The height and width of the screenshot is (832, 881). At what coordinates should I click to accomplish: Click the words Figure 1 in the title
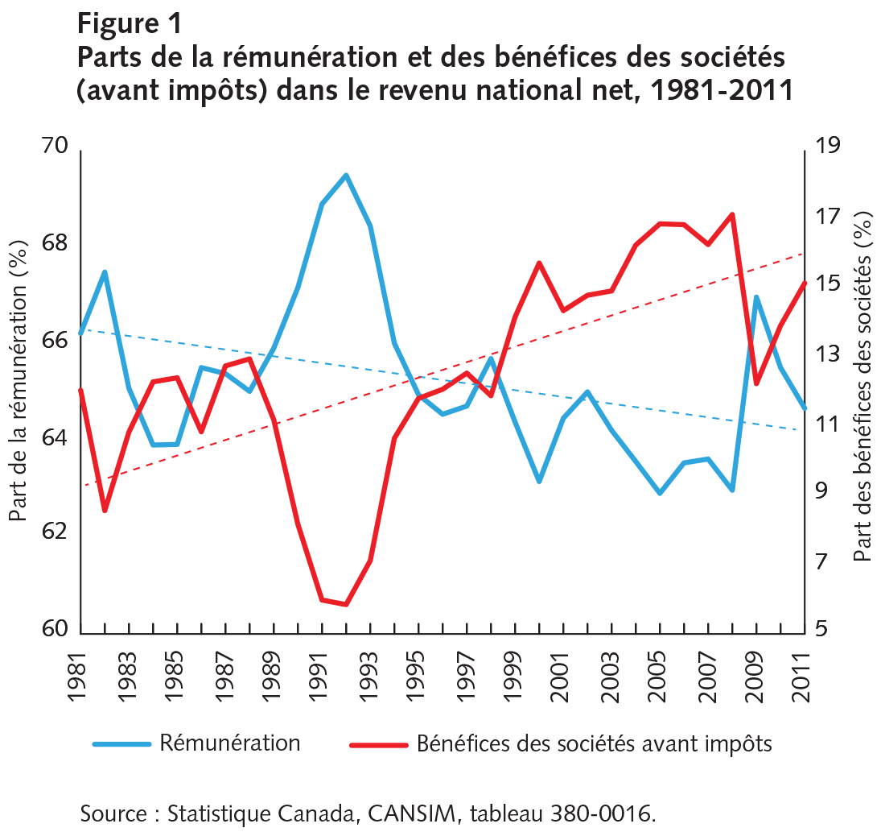[x=130, y=22]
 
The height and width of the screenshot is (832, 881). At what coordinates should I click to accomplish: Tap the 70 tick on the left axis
[x=59, y=147]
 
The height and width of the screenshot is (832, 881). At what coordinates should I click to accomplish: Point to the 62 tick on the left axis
[x=59, y=533]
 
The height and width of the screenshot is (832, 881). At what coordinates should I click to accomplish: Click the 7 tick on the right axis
[x=821, y=561]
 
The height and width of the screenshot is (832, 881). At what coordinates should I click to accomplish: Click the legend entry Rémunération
[x=229, y=743]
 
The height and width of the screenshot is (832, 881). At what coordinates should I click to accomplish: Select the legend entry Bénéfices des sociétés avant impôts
[x=594, y=743]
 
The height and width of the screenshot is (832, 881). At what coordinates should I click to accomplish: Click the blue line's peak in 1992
[x=346, y=174]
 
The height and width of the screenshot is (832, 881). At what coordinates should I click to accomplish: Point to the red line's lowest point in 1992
[x=346, y=604]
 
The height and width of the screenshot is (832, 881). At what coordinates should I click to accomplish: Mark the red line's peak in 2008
[x=732, y=214]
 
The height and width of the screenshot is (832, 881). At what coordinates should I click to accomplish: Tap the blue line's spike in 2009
[x=756, y=296]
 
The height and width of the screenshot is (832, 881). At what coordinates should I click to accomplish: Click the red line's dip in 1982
[x=105, y=511]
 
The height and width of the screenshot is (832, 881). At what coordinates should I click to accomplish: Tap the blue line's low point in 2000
[x=539, y=482]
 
